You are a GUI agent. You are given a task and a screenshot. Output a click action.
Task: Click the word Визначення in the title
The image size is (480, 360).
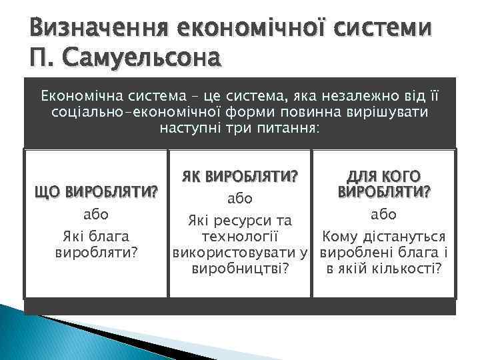coord(95,27)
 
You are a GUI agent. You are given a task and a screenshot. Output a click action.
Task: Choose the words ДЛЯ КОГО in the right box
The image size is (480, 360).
coord(383,177)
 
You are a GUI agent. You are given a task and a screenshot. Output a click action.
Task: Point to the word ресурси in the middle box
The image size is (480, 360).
coord(242,220)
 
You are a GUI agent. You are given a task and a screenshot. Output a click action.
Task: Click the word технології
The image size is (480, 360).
coord(240,237)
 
